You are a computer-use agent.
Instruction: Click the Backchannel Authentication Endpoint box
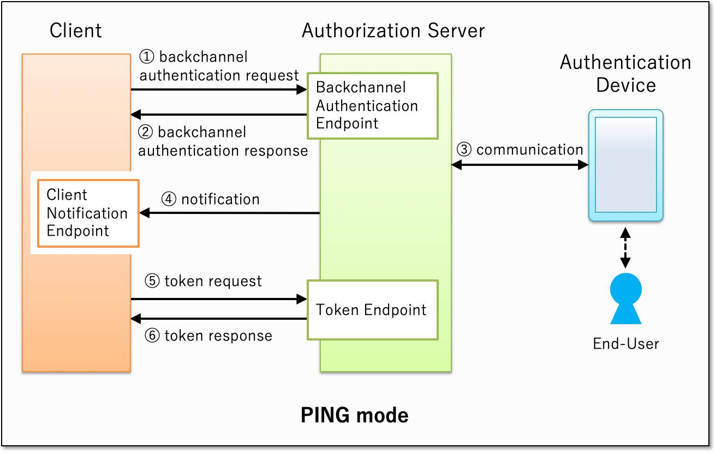click(372, 105)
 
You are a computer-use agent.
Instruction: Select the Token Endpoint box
click(372, 310)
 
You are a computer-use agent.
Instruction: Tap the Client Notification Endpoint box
click(88, 213)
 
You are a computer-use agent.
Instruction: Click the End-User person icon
click(625, 298)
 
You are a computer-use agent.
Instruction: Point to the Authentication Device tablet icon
click(625, 165)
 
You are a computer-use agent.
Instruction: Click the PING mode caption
click(354, 416)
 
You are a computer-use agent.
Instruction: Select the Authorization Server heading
click(393, 31)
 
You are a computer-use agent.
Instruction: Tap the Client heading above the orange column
click(75, 31)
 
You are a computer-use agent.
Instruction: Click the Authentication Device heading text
click(625, 74)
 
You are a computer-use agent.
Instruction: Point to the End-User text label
click(625, 344)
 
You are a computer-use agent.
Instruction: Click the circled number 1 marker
click(147, 57)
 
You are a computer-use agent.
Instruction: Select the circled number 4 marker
click(169, 200)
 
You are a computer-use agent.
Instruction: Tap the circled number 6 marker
click(152, 336)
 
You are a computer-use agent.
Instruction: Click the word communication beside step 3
click(529, 150)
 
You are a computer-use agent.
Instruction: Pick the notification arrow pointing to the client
click(229, 213)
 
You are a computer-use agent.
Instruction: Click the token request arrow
click(218, 299)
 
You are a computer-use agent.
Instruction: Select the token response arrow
click(218, 319)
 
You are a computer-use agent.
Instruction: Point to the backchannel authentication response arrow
click(218, 115)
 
